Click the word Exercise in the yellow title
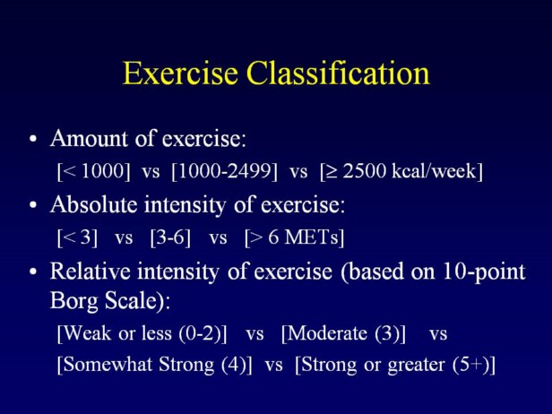point(180,73)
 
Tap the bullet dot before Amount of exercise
point(33,139)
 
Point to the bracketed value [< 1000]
point(93,172)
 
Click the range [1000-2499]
point(225,172)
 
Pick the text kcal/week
point(434,171)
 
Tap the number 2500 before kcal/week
point(364,171)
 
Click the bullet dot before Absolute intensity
point(33,205)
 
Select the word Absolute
point(93,204)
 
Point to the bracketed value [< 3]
point(77,237)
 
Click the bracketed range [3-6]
point(170,237)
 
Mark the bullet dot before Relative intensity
point(33,272)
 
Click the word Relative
point(91,271)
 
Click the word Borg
point(74,301)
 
